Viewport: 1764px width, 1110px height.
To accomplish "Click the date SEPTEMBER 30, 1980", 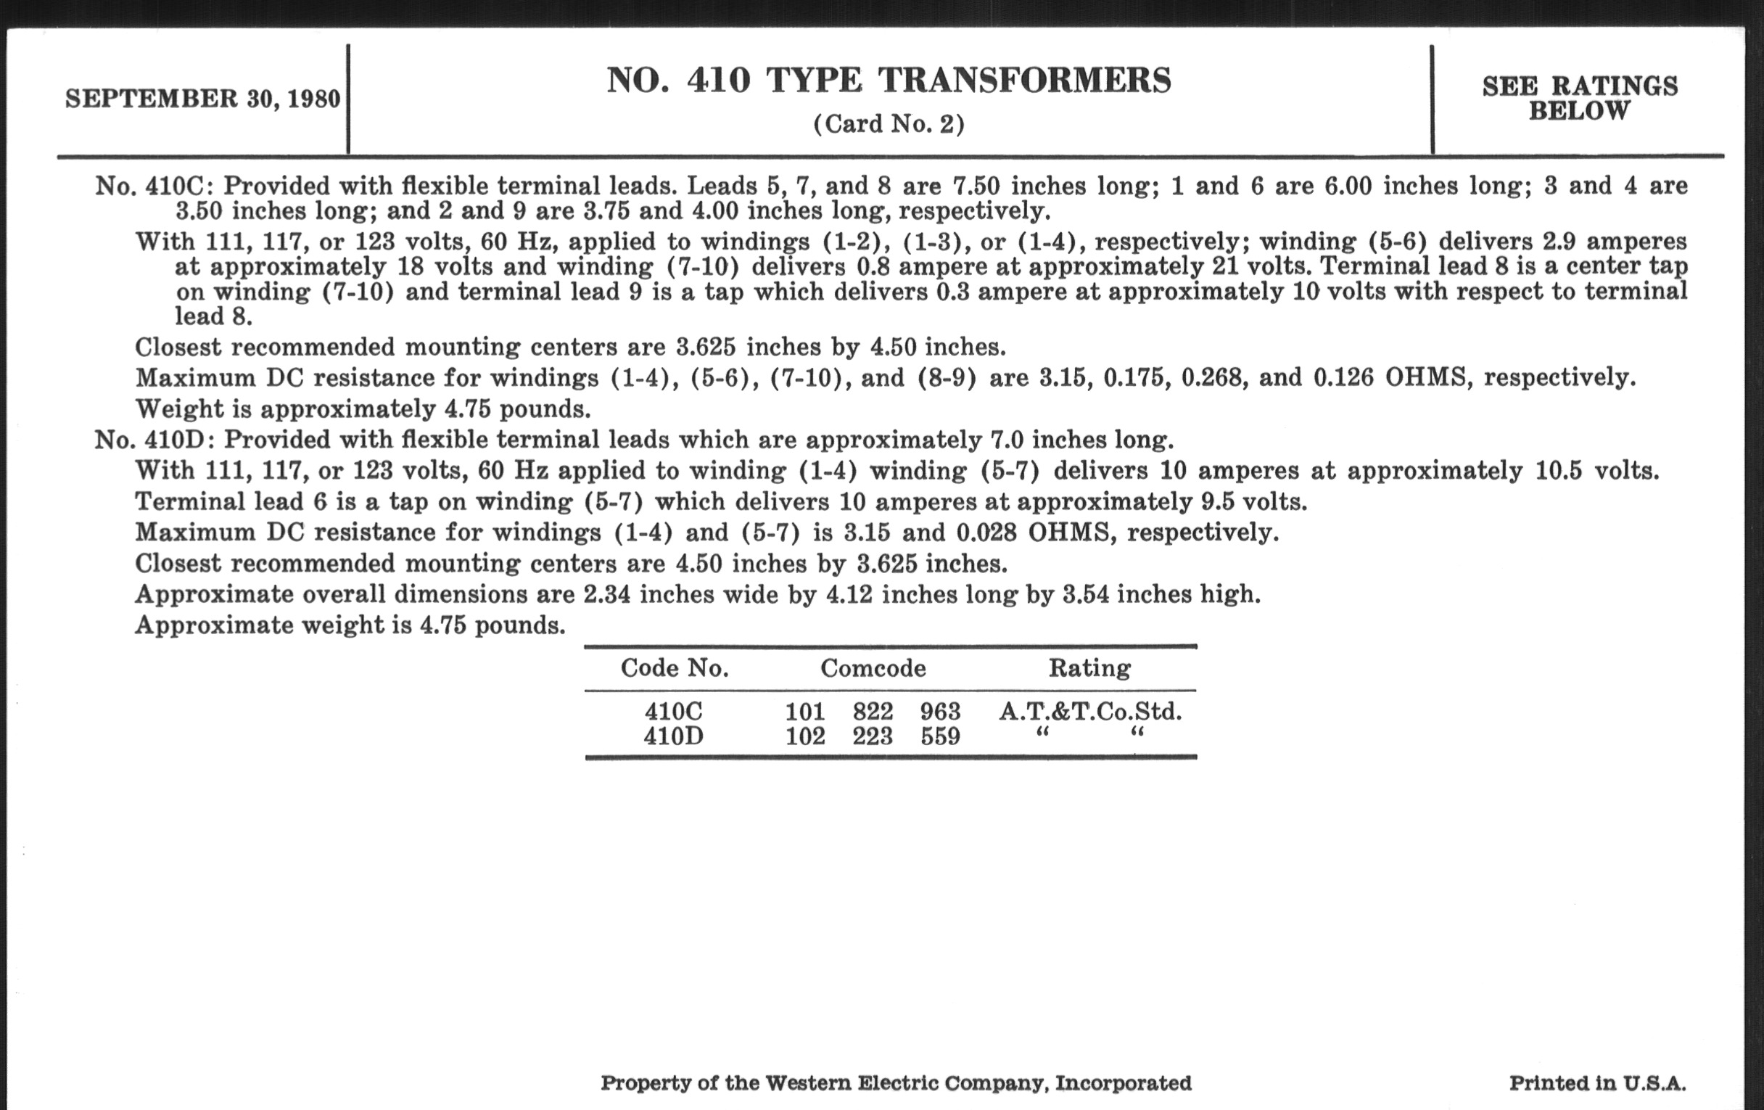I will [x=203, y=99].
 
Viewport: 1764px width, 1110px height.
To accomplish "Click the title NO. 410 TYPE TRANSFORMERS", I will [x=889, y=80].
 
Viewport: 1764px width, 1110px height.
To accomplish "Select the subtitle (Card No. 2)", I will [x=889, y=124].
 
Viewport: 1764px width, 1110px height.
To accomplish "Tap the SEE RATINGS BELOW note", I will [x=1579, y=98].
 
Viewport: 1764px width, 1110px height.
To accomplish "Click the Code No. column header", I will [x=674, y=668].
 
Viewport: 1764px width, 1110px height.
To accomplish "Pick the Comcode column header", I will [x=873, y=668].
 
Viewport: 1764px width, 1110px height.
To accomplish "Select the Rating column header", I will [x=1089, y=668].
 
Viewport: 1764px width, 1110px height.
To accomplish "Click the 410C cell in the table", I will [x=673, y=712].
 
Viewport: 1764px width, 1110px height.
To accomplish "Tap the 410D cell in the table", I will [x=673, y=736].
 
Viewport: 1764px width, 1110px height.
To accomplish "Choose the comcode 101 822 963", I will [x=873, y=712].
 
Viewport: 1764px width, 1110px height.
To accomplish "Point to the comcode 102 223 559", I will [x=873, y=736].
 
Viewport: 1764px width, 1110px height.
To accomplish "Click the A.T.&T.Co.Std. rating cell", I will [x=1090, y=712].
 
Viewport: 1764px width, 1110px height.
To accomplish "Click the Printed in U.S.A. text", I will [x=1597, y=1083].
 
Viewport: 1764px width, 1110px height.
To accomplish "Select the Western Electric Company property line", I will [x=896, y=1083].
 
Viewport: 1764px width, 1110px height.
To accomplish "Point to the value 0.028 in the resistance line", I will [x=986, y=533].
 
